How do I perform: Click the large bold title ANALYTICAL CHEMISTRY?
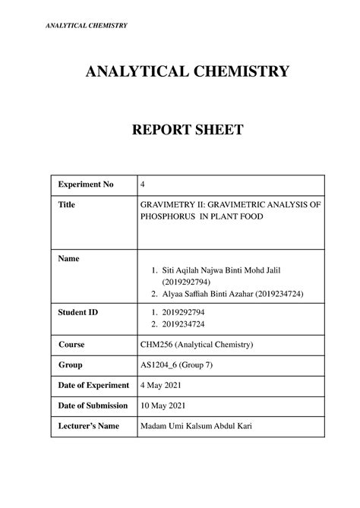click(x=179, y=72)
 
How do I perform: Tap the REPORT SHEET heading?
click(x=179, y=131)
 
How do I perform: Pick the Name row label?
click(x=69, y=259)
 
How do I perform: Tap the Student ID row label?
click(x=78, y=312)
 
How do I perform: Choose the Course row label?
click(x=71, y=345)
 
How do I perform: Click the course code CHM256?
click(x=157, y=345)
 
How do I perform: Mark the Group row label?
click(x=71, y=365)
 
